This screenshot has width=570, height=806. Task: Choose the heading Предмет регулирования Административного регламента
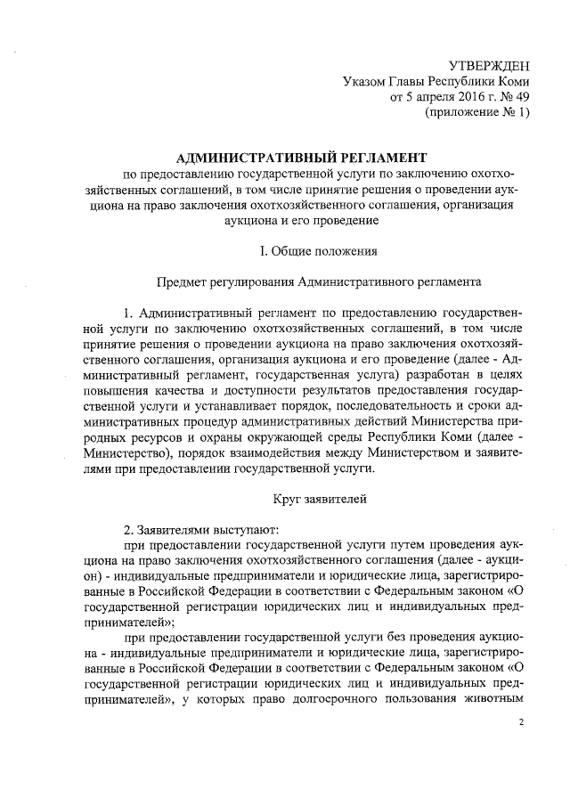[320, 282]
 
